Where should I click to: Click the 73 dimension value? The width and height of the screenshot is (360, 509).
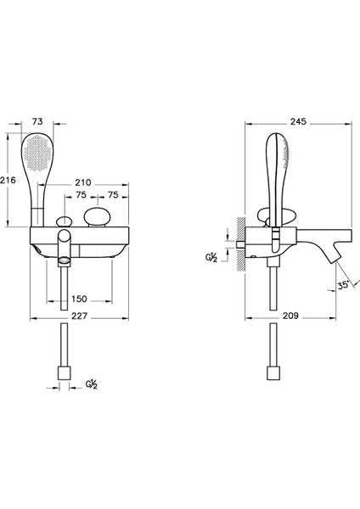pos(37,121)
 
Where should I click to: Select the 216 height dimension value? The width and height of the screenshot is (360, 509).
pos(8,180)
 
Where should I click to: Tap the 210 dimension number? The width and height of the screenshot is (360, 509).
pos(83,182)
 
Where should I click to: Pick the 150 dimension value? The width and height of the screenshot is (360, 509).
pos(79,299)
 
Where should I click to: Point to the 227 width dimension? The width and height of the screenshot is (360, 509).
pos(79,316)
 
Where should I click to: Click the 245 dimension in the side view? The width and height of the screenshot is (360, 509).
pos(298,121)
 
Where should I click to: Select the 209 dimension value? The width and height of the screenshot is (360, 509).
pos(290,316)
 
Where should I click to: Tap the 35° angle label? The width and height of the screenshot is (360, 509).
pos(343,286)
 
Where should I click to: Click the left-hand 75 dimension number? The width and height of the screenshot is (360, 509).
pos(81,195)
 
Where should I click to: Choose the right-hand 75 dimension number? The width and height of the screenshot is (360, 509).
pos(113,195)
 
